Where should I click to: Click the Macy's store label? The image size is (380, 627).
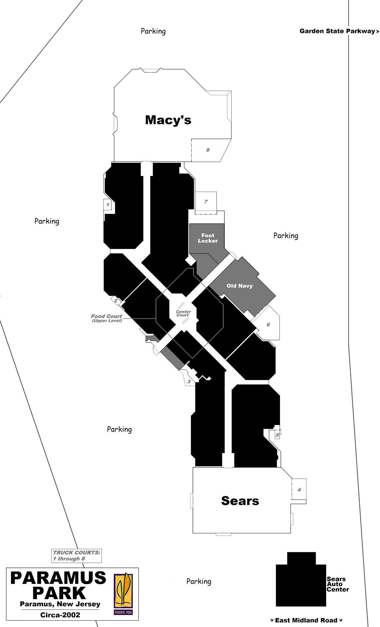(x=168, y=120)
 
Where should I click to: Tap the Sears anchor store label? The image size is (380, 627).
(x=240, y=501)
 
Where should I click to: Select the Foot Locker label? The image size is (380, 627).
(x=208, y=238)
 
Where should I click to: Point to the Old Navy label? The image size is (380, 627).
(x=240, y=286)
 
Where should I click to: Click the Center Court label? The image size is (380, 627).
(x=183, y=313)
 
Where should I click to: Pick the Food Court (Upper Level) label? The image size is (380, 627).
(x=106, y=318)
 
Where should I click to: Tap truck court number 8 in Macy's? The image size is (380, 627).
(x=208, y=150)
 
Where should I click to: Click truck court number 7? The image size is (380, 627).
(x=206, y=201)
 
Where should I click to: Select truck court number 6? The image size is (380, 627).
(x=268, y=325)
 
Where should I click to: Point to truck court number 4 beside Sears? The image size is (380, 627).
(x=299, y=490)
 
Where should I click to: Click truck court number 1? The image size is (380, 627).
(x=107, y=205)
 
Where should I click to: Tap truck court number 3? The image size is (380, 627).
(x=189, y=381)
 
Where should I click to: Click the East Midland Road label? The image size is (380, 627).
(x=307, y=620)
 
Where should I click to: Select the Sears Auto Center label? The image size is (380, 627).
(x=338, y=584)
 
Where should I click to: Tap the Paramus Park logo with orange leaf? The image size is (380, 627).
(x=123, y=594)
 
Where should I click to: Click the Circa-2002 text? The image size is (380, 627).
(x=60, y=615)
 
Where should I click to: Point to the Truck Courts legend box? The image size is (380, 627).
(x=76, y=556)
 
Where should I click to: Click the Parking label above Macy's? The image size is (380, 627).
(x=153, y=31)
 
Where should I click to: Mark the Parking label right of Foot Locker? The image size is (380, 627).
(x=286, y=236)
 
